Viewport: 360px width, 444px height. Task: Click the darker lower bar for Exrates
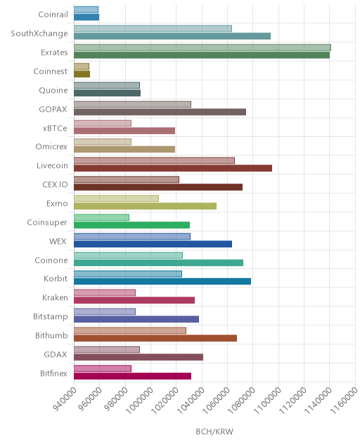pyautogui.click(x=202, y=55)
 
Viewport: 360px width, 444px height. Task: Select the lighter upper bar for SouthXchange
pyautogui.click(x=153, y=29)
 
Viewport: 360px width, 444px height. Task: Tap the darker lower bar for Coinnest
pyautogui.click(x=82, y=74)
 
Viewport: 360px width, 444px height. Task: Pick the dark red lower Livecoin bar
pyautogui.click(x=173, y=168)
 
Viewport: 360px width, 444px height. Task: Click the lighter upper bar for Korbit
pyautogui.click(x=128, y=274)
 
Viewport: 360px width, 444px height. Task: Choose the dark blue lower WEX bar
pyautogui.click(x=153, y=244)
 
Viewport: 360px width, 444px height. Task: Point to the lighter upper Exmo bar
pyautogui.click(x=116, y=199)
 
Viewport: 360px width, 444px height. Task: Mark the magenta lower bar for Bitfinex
pyautogui.click(x=132, y=376)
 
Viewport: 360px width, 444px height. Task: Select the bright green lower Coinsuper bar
pyautogui.click(x=131, y=225)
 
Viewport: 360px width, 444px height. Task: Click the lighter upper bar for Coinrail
pyautogui.click(x=86, y=10)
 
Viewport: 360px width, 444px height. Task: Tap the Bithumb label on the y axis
pyautogui.click(x=51, y=336)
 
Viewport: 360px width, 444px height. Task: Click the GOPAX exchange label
pyautogui.click(x=53, y=110)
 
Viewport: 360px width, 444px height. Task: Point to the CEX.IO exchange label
pyautogui.click(x=55, y=185)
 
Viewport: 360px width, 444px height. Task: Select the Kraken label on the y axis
pyautogui.click(x=55, y=298)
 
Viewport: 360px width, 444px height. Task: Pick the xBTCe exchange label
pyautogui.click(x=55, y=129)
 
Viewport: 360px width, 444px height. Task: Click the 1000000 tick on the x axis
pyautogui.click(x=139, y=400)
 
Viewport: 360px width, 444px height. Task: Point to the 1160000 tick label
pyautogui.click(x=344, y=400)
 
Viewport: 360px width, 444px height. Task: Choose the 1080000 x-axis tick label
pyautogui.click(x=241, y=400)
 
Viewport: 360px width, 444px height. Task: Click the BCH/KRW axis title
pyautogui.click(x=214, y=431)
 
